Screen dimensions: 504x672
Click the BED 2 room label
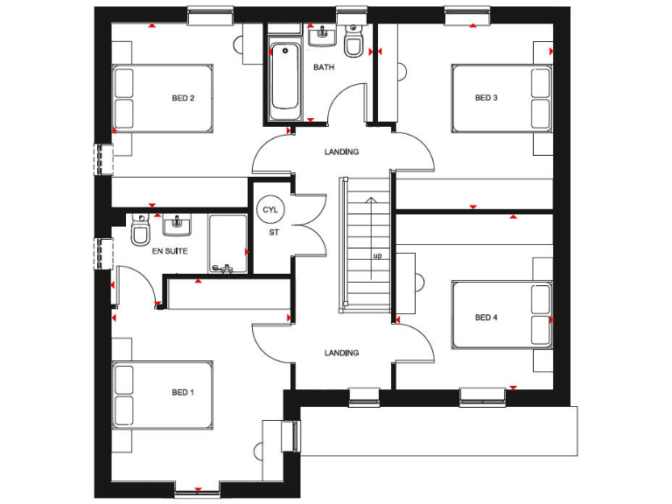182,98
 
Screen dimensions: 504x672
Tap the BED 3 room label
486,98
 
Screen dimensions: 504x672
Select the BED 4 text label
486,317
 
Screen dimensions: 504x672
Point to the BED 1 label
182,393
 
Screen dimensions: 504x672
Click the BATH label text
324,66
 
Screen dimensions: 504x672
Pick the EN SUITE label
170,251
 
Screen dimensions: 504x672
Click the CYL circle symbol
269,210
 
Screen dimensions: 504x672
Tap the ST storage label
273,233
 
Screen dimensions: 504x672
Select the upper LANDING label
341,151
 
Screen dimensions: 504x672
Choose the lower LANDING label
341,353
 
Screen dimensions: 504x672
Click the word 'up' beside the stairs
378,255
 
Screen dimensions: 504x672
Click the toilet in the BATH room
354,45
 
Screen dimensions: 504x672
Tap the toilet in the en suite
140,233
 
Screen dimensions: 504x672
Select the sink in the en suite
178,226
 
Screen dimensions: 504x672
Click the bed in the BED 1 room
164,393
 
